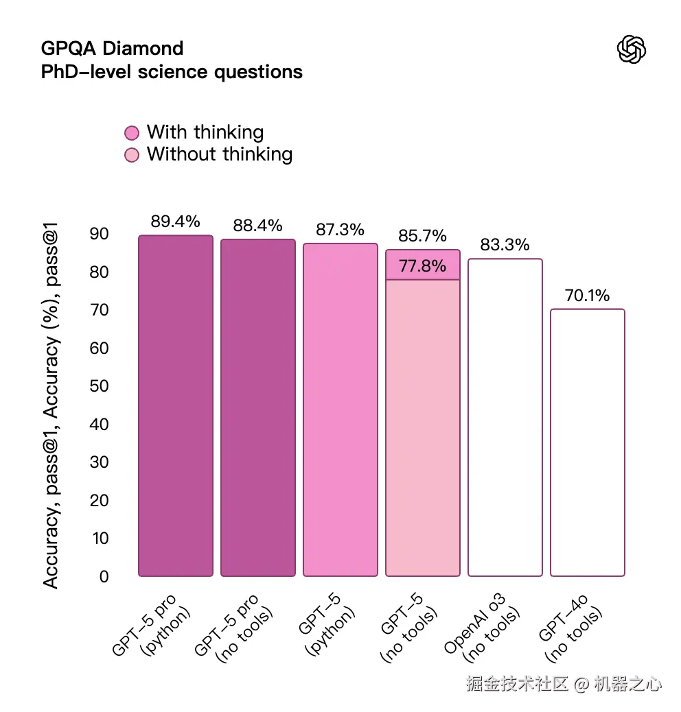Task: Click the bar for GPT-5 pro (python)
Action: (176, 406)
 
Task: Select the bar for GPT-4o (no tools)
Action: (588, 442)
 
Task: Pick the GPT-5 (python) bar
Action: (340, 410)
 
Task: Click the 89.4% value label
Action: (176, 222)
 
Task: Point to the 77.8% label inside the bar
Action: (423, 266)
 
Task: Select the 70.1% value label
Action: (588, 296)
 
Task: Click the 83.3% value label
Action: (505, 245)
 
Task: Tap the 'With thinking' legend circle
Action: (132, 133)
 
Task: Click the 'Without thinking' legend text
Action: (220, 154)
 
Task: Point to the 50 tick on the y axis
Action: (100, 386)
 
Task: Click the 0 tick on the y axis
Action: (104, 576)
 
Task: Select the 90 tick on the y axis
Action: (100, 234)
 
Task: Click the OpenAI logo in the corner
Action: (632, 49)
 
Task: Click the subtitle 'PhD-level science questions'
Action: (172, 71)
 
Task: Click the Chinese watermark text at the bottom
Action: (564, 683)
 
